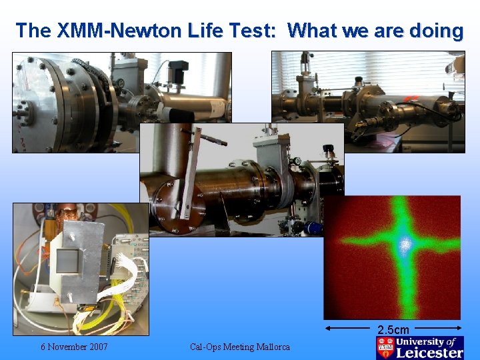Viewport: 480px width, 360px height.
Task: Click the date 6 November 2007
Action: tap(74, 347)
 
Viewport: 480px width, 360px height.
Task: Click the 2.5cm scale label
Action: tap(393, 329)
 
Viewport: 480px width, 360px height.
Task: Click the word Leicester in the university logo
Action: tap(429, 353)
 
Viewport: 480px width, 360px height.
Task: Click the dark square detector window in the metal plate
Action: tap(69, 261)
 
